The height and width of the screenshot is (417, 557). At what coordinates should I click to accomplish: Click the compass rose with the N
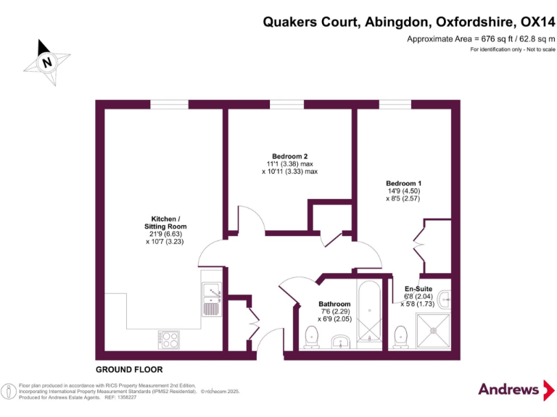47,62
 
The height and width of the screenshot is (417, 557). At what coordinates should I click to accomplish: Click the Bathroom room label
334,304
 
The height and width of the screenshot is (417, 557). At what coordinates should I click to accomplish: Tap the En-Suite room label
418,289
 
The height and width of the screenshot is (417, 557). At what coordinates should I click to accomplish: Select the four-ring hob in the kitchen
168,337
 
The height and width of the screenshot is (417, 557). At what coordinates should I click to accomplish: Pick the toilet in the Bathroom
313,336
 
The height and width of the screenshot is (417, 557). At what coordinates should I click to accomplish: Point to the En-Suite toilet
400,335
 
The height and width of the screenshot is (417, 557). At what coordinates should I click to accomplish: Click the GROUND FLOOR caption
129,369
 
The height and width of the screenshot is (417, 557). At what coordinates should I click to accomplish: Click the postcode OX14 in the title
533,22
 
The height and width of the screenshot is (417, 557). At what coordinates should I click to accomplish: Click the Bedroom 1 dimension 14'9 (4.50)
404,192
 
